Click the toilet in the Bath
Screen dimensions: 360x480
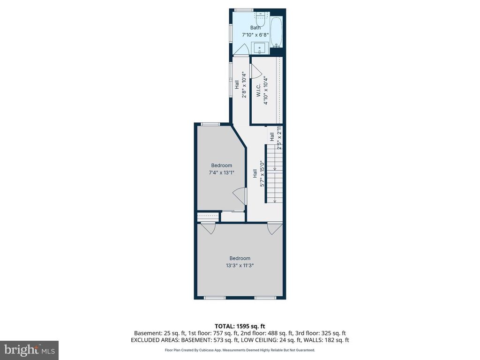click(261, 23)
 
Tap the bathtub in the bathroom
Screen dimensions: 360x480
click(277, 32)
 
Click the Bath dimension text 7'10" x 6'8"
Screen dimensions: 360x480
click(255, 35)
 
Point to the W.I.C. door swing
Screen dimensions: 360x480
click(256, 70)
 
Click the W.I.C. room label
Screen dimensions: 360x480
click(258, 92)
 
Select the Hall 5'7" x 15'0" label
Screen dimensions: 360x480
click(259, 178)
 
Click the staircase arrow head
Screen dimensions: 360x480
click(275, 200)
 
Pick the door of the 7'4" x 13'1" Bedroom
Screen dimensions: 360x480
click(240, 196)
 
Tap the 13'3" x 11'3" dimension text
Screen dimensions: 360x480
click(240, 265)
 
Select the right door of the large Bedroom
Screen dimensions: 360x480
click(273, 228)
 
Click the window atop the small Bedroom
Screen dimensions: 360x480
click(210, 124)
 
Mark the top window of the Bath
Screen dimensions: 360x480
click(244, 10)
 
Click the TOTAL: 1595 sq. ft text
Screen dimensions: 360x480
click(240, 326)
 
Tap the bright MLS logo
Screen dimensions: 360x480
click(29, 350)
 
